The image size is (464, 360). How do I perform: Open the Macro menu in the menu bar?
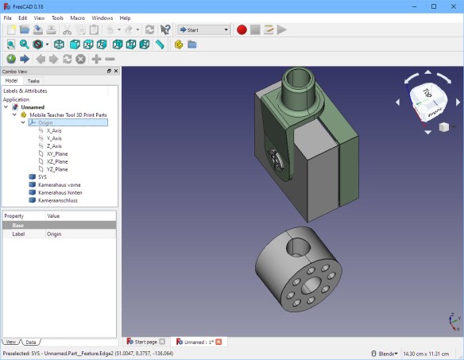pyautogui.click(x=77, y=17)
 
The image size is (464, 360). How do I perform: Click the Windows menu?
pyautogui.click(x=102, y=17)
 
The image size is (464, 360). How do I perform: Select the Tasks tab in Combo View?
pyautogui.click(x=33, y=80)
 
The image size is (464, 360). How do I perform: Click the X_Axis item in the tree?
pyautogui.click(x=54, y=130)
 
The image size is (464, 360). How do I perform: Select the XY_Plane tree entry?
pyautogui.click(x=57, y=153)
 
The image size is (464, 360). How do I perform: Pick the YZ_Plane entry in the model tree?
pyautogui.click(x=57, y=169)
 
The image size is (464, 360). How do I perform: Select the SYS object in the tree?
pyautogui.click(x=42, y=176)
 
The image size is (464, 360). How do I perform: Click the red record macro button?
pyautogui.click(x=242, y=30)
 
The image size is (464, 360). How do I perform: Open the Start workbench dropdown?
pyautogui.click(x=203, y=30)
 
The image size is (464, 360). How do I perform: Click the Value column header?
pyautogui.click(x=54, y=215)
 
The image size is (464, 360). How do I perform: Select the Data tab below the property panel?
pyautogui.click(x=29, y=342)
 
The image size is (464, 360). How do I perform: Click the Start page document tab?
pyautogui.click(x=146, y=342)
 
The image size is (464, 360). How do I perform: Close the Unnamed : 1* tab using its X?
pyautogui.click(x=218, y=342)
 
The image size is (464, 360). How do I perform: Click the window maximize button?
pyautogui.click(x=433, y=6)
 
